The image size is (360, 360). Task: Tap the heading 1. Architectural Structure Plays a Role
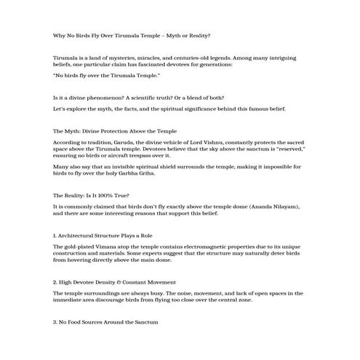point(102,236)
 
